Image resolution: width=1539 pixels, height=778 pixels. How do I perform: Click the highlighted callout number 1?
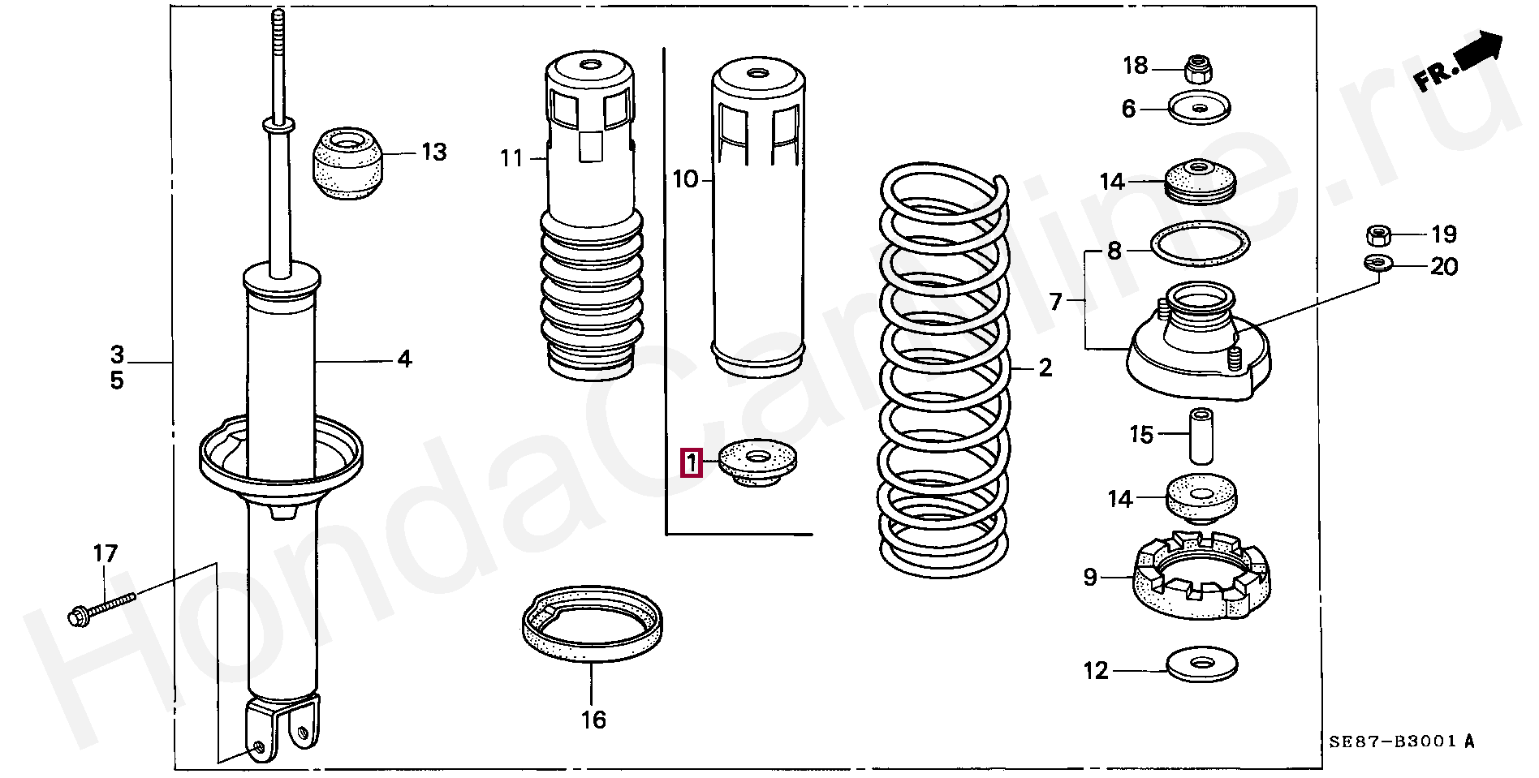691,464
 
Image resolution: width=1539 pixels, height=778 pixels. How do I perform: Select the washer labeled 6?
1199,108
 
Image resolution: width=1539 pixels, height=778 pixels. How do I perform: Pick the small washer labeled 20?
1377,262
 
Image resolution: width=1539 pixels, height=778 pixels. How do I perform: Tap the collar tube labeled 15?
1201,434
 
